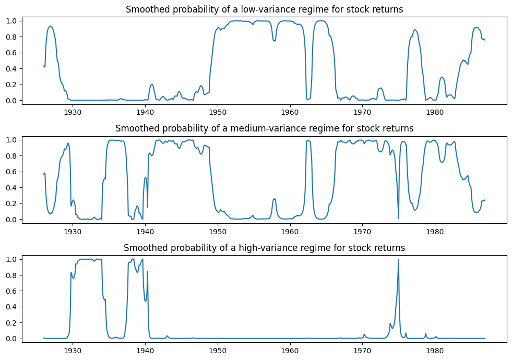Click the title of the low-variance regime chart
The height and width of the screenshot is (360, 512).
click(264, 9)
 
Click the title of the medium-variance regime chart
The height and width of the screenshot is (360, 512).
click(264, 128)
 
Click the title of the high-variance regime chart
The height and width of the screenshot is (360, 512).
click(264, 247)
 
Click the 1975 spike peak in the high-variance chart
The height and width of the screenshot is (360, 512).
click(399, 260)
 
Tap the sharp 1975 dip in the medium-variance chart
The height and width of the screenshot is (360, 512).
click(399, 218)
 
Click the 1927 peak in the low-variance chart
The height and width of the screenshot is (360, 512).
click(51, 26)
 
